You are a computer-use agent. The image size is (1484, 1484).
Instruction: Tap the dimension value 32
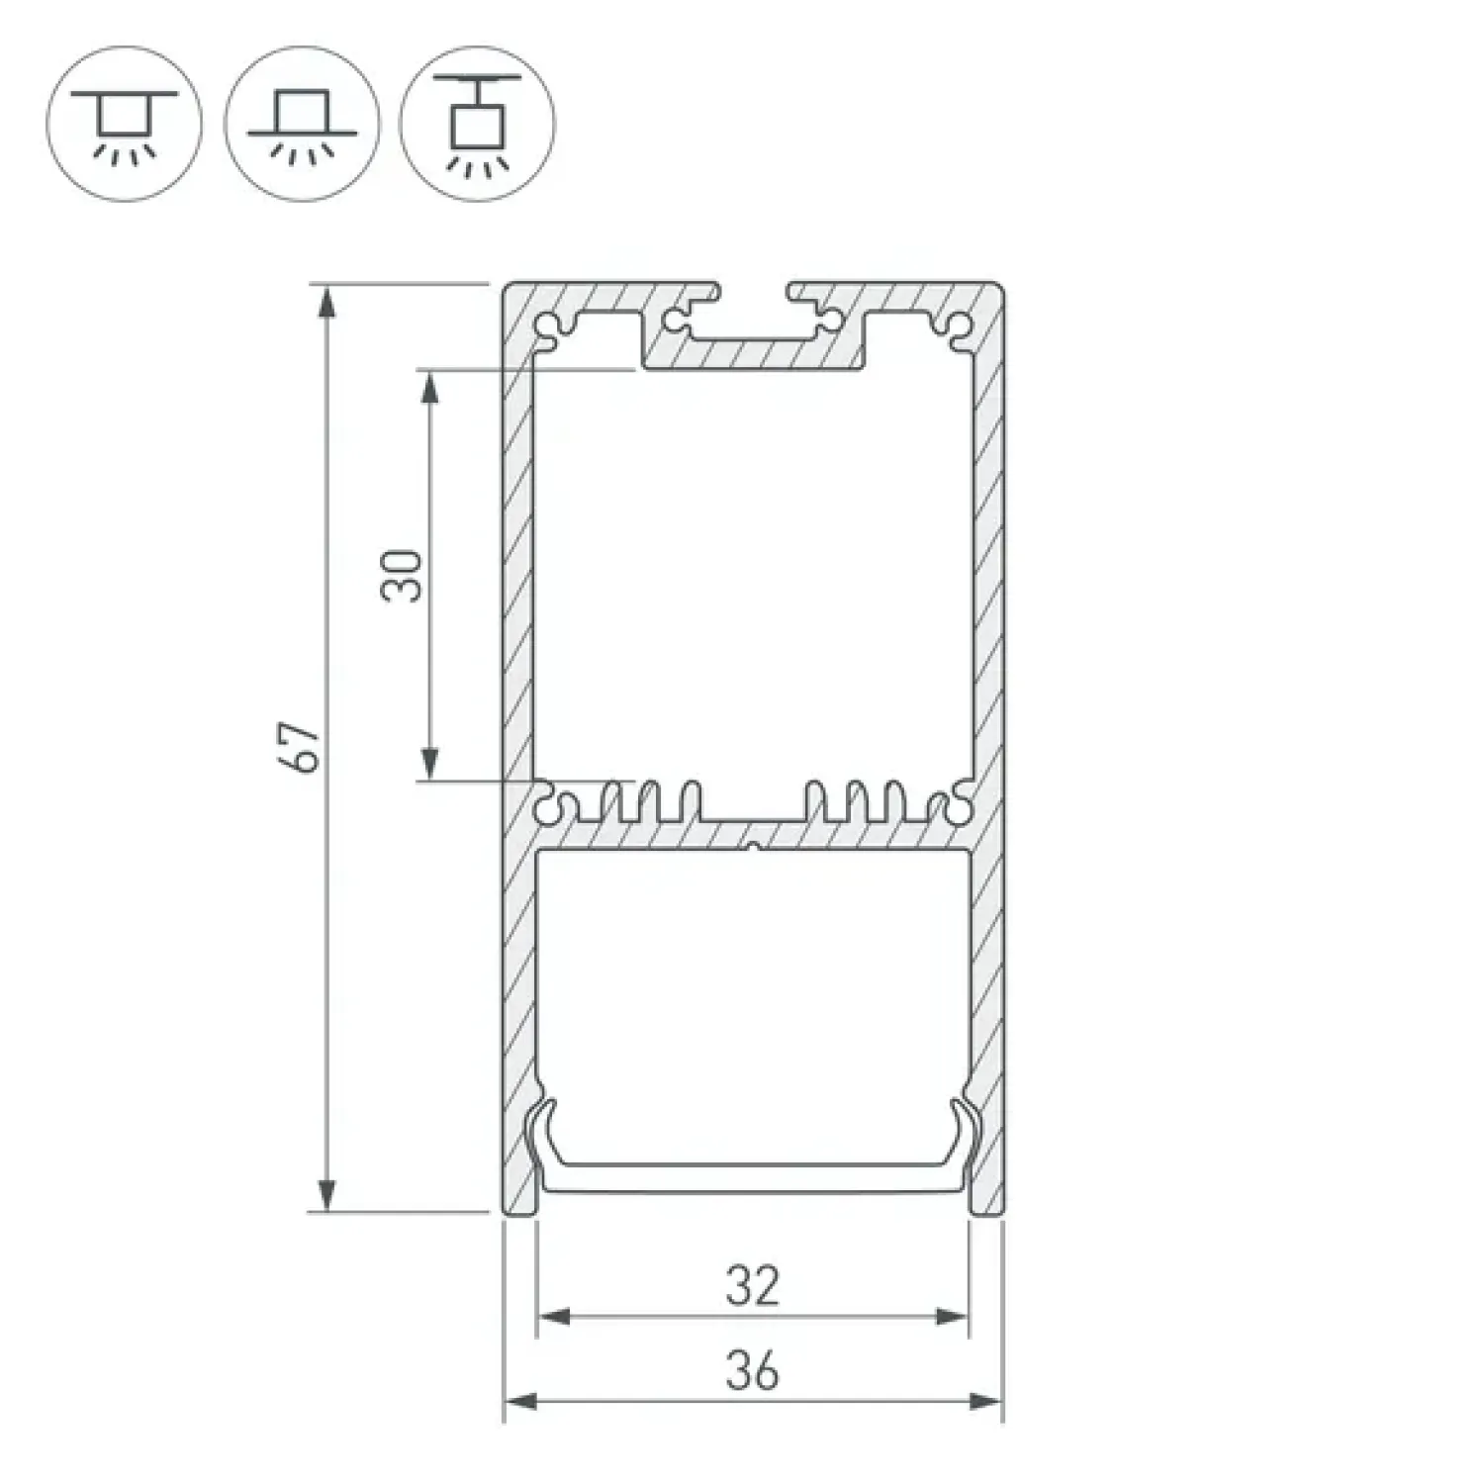click(753, 1286)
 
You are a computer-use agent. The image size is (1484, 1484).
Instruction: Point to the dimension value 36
click(753, 1371)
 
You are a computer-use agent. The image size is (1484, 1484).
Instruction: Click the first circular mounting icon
click(125, 123)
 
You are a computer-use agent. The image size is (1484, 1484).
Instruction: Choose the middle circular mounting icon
click(302, 123)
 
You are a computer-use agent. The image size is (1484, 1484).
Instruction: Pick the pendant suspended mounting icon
click(479, 123)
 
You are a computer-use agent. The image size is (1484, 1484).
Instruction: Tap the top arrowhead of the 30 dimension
click(429, 387)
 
